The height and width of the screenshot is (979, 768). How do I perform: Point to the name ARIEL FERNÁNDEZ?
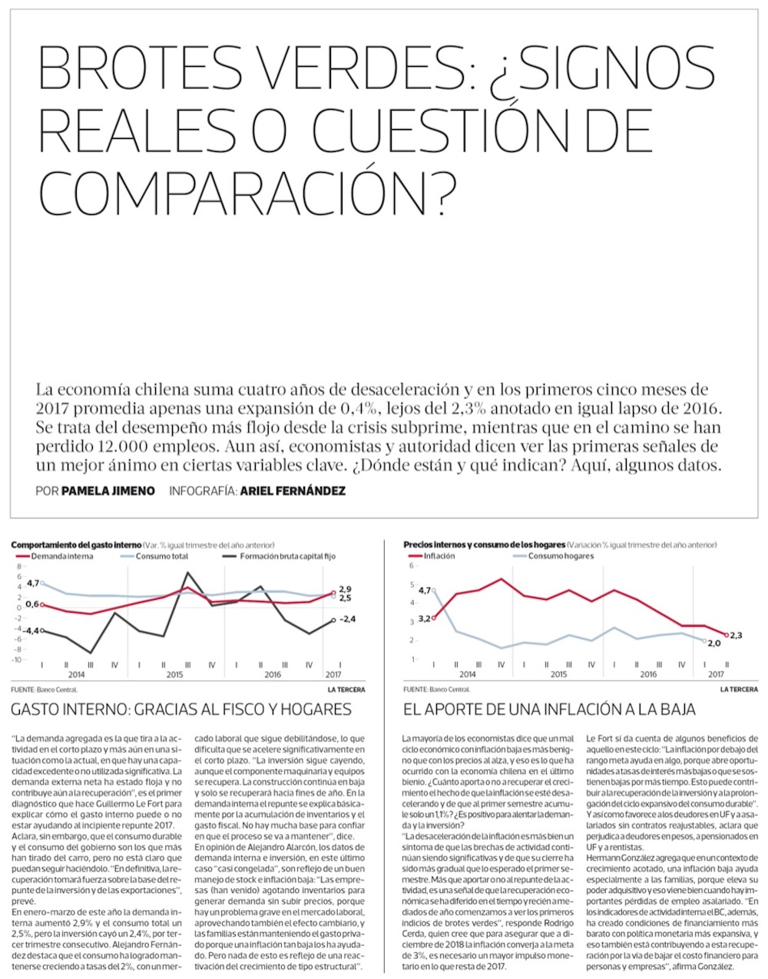[x=293, y=491]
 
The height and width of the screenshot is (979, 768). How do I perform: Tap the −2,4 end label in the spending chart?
[x=350, y=619]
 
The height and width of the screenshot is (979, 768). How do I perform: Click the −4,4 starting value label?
[x=30, y=630]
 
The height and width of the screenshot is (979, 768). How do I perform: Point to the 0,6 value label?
[x=31, y=604]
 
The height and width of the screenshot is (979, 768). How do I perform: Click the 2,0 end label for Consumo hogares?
[x=713, y=643]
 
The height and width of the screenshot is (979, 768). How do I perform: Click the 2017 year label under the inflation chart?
[x=715, y=674]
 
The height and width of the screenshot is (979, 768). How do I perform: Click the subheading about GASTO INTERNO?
[x=181, y=709]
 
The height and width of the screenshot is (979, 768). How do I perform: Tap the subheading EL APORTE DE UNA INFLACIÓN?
[x=549, y=709]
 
